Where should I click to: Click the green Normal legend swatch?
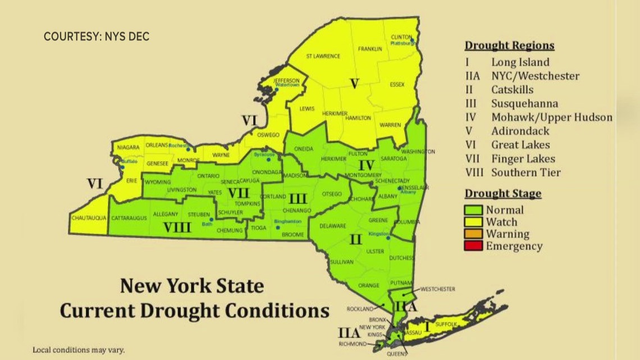[x=474, y=210]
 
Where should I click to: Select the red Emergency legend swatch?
[x=474, y=246]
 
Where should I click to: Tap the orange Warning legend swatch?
[x=474, y=234]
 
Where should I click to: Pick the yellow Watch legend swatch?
[x=474, y=222]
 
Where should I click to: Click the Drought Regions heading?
[x=509, y=46]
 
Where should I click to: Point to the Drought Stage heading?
[x=503, y=194]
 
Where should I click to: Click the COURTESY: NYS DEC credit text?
[x=97, y=37]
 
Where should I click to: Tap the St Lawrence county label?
[x=322, y=56]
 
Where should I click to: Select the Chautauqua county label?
[x=88, y=217]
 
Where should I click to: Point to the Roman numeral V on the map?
[x=354, y=84]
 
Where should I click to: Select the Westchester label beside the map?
[x=438, y=289]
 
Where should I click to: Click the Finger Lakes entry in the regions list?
[x=523, y=159]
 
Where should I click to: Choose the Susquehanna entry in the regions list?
[x=524, y=104]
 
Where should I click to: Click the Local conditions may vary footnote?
[x=79, y=350]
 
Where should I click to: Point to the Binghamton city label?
[x=287, y=221]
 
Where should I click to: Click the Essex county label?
[x=396, y=85]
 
